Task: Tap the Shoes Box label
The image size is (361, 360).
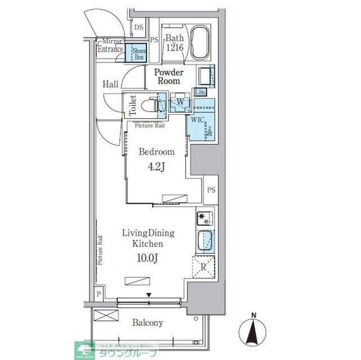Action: point(138,54)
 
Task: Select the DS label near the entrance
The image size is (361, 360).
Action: point(139,27)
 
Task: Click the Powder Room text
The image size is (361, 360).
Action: point(169,76)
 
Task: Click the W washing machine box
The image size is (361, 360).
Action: point(180,102)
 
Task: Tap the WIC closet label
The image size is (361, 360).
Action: point(195,119)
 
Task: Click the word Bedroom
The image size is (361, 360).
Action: point(157,152)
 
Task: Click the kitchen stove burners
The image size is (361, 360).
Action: point(204,218)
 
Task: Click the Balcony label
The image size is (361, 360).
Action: point(148,323)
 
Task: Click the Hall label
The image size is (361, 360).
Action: point(110,84)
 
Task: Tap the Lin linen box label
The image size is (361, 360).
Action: point(199,92)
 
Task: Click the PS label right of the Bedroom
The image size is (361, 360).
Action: point(211,190)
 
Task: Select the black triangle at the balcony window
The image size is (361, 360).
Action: point(149,295)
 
